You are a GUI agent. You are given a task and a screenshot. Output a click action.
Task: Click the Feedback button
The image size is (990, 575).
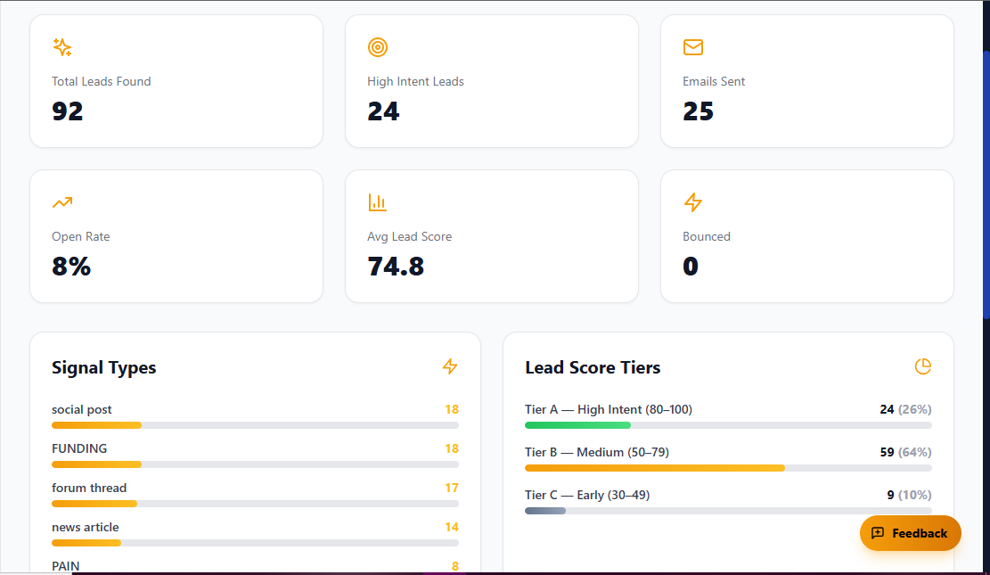910,533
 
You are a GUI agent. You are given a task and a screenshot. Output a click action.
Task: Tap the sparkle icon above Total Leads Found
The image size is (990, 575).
61,47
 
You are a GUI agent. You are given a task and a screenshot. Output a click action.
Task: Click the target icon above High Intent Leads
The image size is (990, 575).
377,47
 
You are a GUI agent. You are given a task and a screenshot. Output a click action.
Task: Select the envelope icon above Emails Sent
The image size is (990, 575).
692,47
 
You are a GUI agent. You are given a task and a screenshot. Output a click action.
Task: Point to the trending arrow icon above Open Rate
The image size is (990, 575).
61,202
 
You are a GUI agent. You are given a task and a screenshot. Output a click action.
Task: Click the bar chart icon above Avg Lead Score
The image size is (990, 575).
377,202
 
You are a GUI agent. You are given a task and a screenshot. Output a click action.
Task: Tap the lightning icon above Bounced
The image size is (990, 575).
692,202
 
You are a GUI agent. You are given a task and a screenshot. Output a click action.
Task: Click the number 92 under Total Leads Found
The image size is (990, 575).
68,111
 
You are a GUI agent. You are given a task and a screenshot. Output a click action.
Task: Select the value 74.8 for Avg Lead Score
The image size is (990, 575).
395,267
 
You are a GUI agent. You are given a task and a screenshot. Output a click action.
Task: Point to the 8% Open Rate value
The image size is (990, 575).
71,267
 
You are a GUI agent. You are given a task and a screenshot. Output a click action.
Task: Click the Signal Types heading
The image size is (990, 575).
103,367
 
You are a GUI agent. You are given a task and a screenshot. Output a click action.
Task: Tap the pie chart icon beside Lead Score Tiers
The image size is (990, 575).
922,366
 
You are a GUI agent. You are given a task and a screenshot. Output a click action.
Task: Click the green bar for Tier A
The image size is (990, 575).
577,425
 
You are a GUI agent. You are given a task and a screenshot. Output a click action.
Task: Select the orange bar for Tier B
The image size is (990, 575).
654,468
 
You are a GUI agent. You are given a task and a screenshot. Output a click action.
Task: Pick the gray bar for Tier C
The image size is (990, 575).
544,511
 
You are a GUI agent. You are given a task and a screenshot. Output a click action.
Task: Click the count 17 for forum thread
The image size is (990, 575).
451,488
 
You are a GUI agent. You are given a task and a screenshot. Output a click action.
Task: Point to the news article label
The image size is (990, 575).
85,527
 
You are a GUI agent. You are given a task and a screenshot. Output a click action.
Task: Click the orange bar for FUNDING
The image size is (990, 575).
96,464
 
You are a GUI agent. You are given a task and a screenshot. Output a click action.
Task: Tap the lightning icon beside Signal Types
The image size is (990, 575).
449,366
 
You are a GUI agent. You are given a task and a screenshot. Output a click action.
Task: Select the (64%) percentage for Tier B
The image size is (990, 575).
914,452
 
